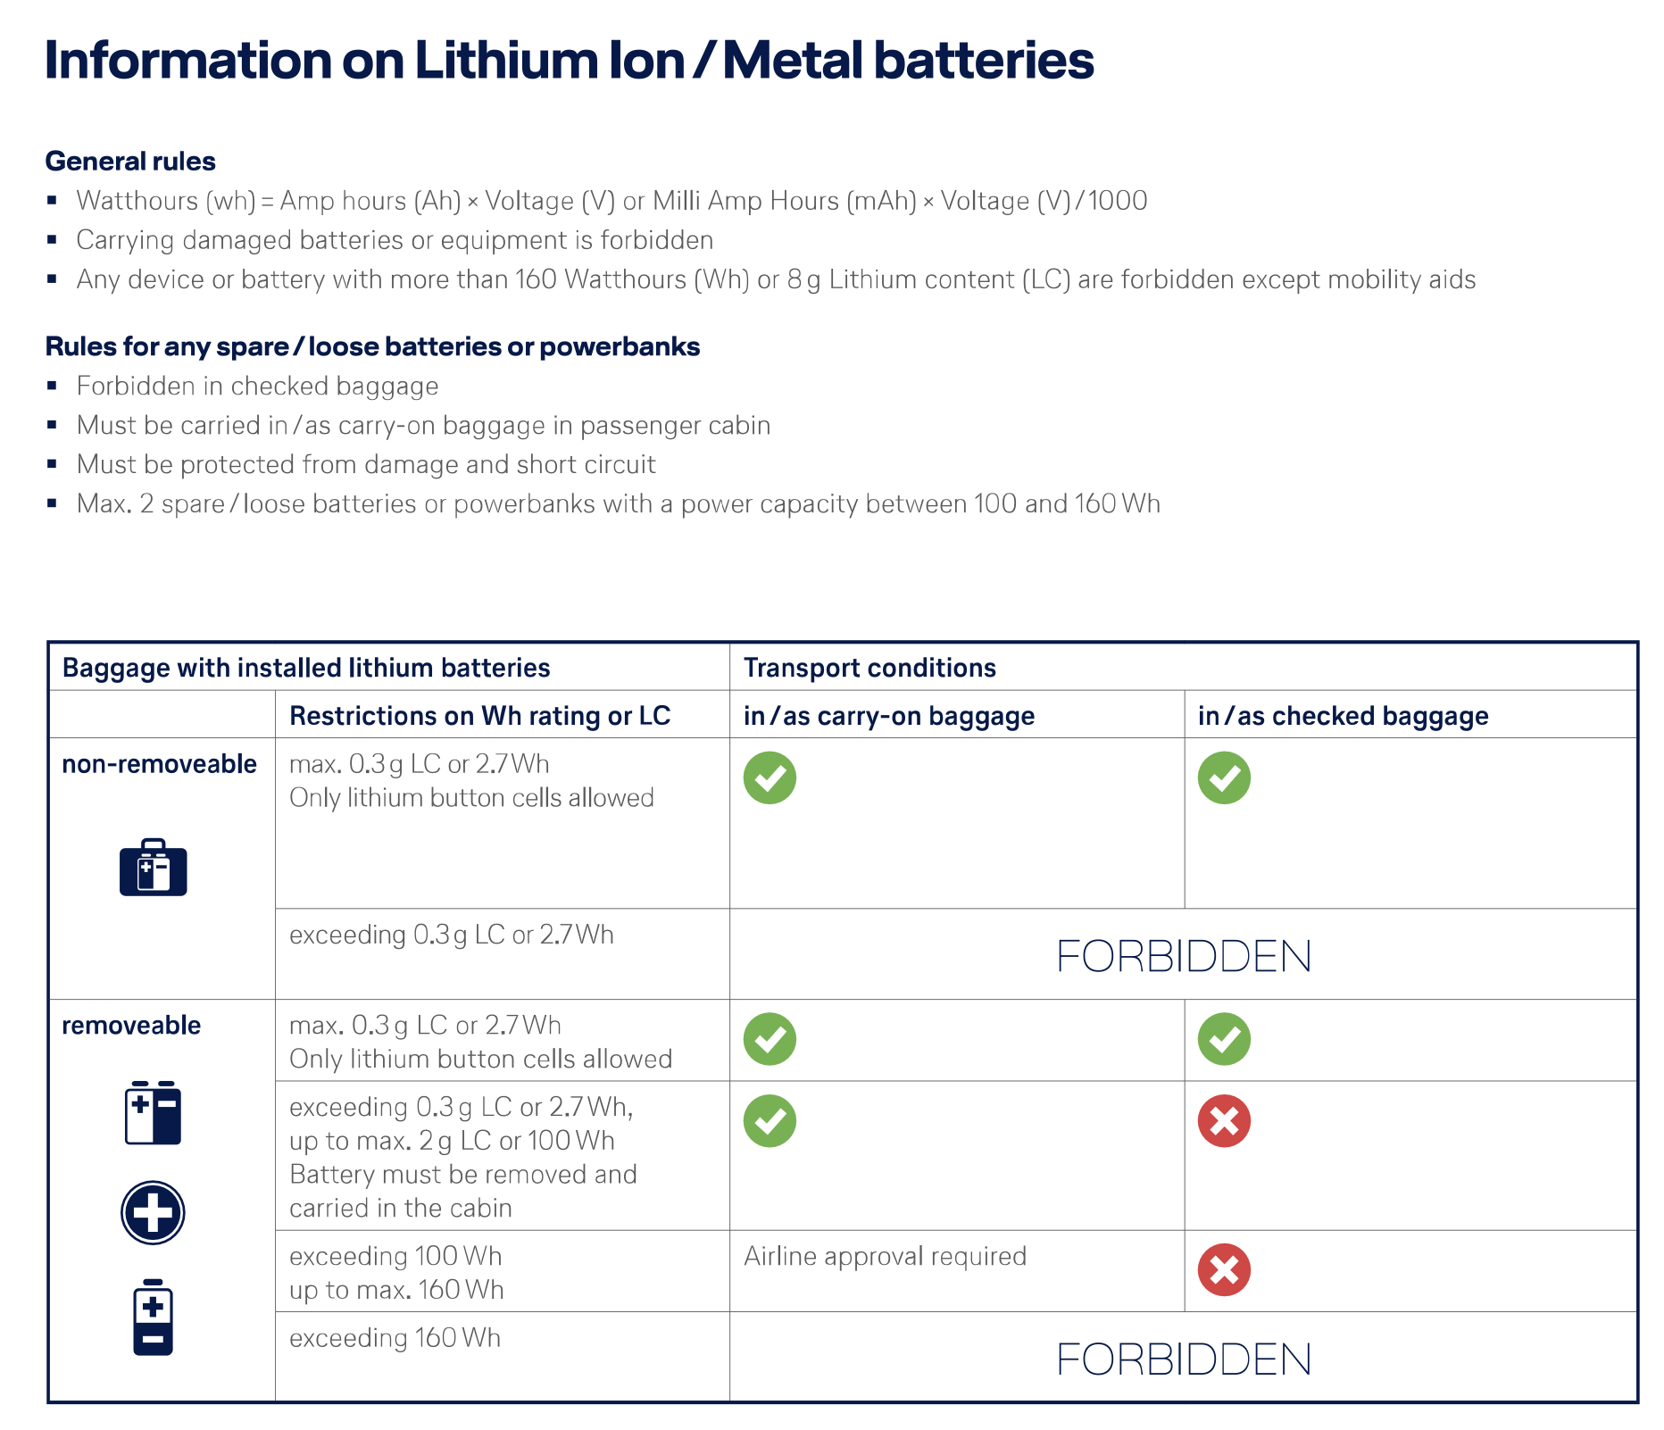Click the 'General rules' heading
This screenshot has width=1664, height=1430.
[130, 161]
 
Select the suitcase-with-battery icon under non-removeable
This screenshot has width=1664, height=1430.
[154, 867]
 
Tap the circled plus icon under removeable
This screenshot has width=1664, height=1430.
[153, 1212]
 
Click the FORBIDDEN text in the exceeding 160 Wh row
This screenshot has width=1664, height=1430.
[1183, 1359]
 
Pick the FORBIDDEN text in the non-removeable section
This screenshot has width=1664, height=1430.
[1183, 956]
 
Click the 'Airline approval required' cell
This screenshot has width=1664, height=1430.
[885, 1256]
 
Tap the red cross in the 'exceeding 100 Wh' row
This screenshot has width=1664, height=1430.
[1224, 1269]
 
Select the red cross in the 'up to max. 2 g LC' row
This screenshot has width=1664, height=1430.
[1224, 1121]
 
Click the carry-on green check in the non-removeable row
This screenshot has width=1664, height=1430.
[770, 777]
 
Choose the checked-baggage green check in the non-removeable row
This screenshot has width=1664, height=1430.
[1224, 777]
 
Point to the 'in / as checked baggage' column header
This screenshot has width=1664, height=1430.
[1343, 716]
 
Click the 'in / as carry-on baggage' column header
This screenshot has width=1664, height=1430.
[888, 716]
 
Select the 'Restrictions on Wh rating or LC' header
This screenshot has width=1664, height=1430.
[479, 716]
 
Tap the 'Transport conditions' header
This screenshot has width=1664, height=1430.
[869, 668]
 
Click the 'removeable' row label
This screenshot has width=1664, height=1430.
[131, 1025]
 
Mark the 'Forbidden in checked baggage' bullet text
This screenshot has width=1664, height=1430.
[257, 386]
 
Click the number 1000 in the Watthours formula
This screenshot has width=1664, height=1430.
[1118, 201]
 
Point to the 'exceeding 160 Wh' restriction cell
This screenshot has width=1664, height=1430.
[395, 1338]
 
